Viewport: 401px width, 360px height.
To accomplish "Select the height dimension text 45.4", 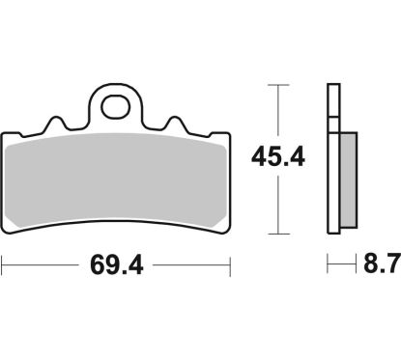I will [x=279, y=156].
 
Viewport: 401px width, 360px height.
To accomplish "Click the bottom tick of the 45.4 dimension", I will [x=279, y=234].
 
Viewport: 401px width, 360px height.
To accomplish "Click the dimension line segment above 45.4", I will [x=279, y=111].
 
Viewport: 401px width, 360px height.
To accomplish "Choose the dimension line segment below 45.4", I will [x=279, y=208].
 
